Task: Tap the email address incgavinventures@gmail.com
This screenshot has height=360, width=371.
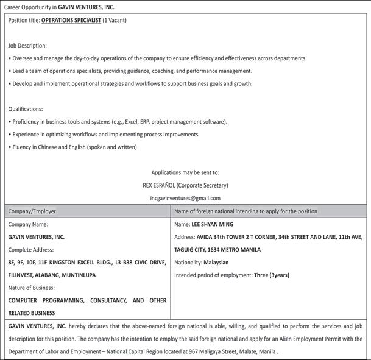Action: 185,198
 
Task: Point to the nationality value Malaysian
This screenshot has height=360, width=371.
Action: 216,263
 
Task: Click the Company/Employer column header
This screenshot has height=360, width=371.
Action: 32,211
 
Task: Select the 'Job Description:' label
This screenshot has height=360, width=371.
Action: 27,46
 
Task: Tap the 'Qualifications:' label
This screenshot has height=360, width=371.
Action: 26,109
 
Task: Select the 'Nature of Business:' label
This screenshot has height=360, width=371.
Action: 32,288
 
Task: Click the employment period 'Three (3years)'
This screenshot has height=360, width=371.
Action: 271,275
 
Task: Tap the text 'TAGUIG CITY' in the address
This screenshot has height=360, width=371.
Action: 193,250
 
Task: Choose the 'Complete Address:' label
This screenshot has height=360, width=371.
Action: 31,250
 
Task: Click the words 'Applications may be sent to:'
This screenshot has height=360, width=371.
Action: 185,172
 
